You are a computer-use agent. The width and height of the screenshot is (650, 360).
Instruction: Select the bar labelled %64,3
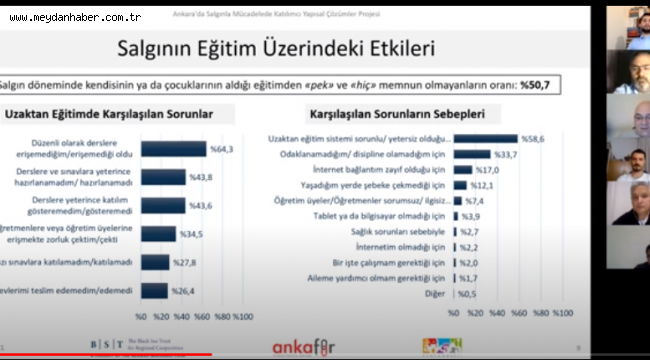click(x=173, y=149)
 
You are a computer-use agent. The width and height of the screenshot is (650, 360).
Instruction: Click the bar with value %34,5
click(x=158, y=234)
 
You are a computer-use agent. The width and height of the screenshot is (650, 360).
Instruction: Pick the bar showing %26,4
click(x=154, y=291)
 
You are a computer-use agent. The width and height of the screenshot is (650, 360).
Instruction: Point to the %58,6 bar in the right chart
click(x=485, y=139)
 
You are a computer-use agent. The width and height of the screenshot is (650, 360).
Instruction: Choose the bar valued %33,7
click(x=471, y=154)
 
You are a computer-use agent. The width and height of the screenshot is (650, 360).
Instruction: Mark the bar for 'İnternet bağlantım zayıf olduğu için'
click(x=462, y=169)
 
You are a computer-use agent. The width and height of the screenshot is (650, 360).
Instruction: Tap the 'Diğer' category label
click(x=436, y=294)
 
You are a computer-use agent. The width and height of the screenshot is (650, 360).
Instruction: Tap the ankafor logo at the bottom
click(x=303, y=345)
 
